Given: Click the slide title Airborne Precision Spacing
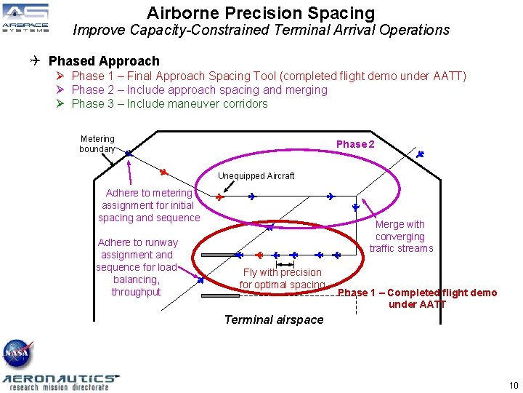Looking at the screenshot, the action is (261, 12).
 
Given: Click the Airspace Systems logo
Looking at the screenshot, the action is (25, 18).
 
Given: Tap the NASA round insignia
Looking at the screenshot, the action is (17, 354).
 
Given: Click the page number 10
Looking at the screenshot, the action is (514, 385).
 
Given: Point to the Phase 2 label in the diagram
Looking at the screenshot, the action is (355, 144).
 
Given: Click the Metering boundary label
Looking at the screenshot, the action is (97, 144).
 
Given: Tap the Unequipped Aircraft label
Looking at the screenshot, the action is (256, 175).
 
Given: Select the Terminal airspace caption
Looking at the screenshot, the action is (274, 319).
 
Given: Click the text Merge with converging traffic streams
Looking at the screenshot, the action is (400, 237).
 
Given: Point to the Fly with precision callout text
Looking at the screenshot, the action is (282, 279).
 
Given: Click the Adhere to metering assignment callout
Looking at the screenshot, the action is (149, 205).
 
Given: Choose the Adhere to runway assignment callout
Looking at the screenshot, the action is (137, 267).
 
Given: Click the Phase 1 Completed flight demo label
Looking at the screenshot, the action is (417, 298).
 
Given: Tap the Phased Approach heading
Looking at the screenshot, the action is (104, 61).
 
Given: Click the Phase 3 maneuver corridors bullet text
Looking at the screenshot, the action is (169, 104).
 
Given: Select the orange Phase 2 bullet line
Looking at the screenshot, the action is (199, 90).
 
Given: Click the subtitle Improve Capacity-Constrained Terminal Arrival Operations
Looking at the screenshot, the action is (261, 31).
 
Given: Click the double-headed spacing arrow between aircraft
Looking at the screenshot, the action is (285, 263).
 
